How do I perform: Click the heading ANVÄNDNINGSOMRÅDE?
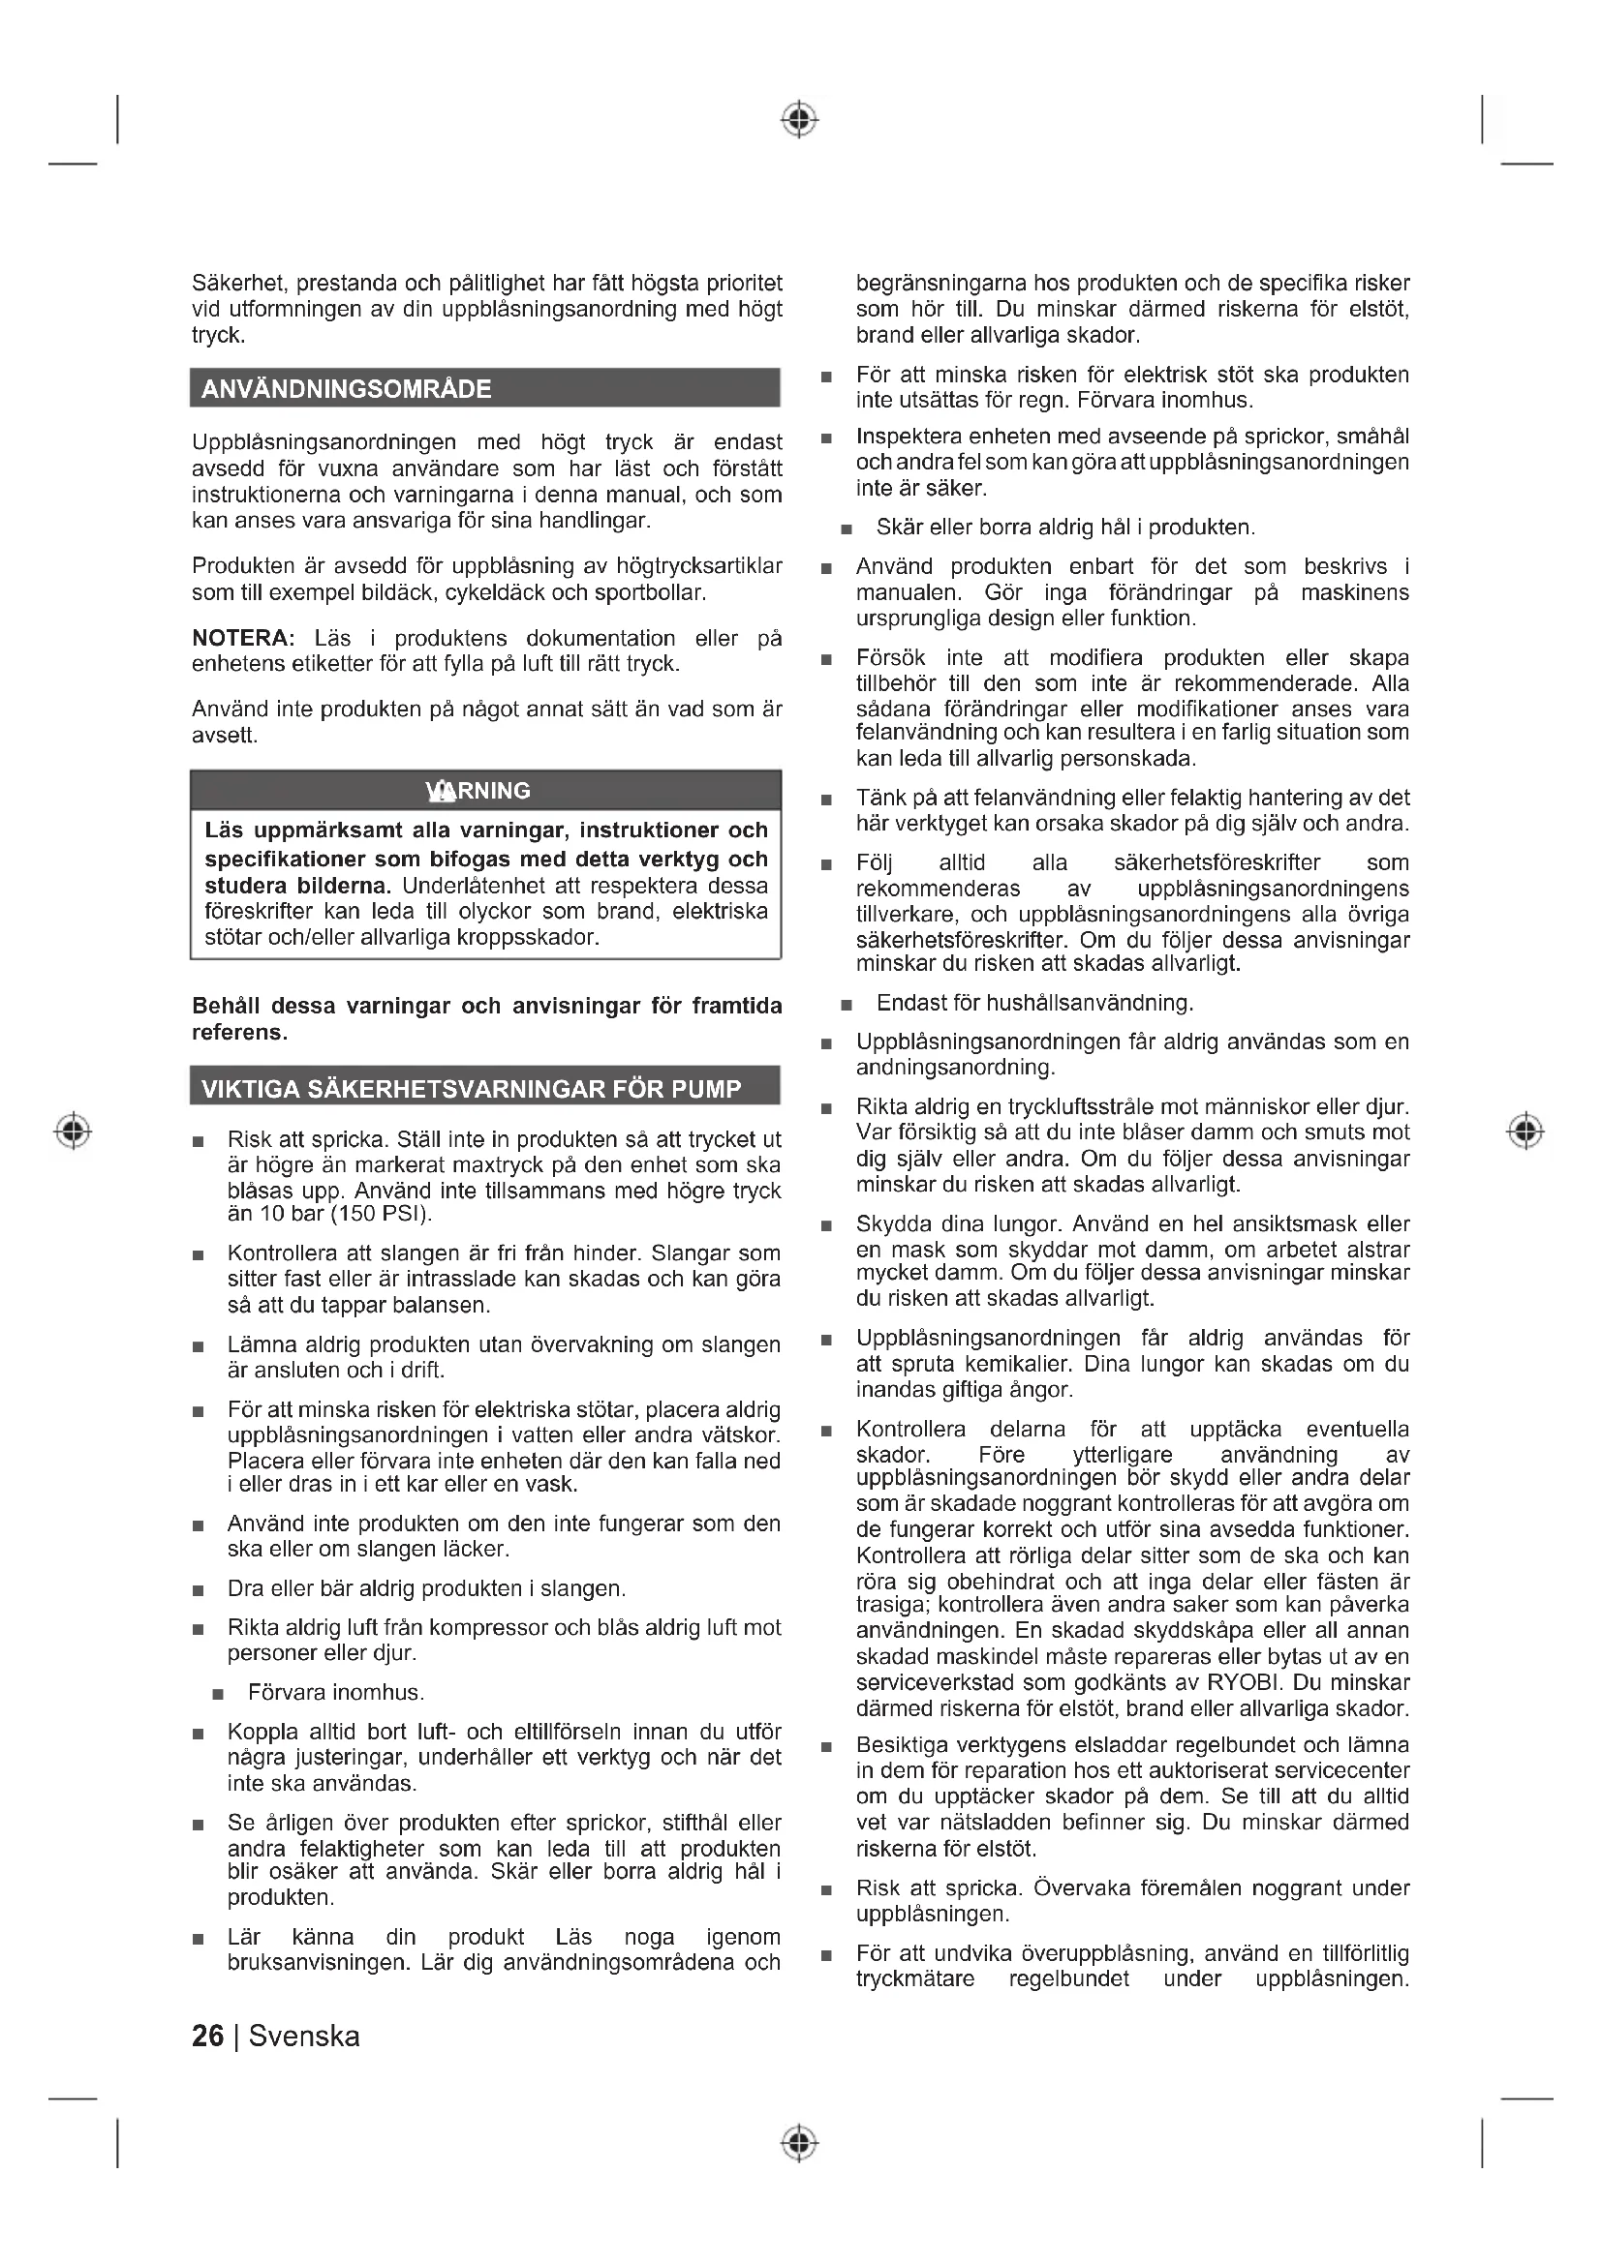(346, 388)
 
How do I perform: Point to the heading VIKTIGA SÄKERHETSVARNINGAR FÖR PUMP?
(471, 1089)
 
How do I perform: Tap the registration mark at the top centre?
(800, 119)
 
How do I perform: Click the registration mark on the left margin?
(73, 1130)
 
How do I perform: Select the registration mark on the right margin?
(1525, 1130)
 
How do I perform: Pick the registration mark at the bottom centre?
(800, 2143)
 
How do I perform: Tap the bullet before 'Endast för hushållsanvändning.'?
(847, 1005)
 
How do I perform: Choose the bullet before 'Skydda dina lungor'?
(826, 1226)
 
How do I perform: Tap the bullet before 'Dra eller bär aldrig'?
(199, 1590)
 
